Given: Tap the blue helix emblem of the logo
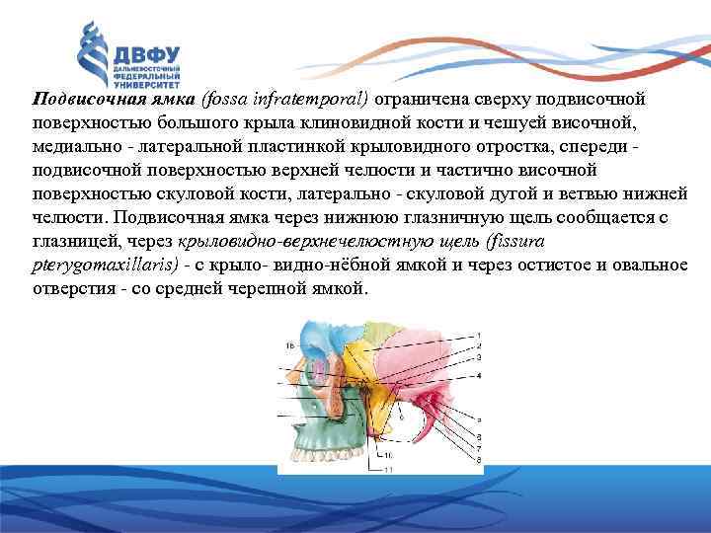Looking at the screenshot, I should click(96, 55).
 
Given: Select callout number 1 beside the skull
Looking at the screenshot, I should click(478, 334).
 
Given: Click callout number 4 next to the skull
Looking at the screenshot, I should click(478, 375).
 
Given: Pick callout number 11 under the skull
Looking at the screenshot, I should click(387, 469).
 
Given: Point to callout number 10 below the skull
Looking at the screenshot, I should click(387, 453).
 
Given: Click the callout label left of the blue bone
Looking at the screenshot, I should click(289, 345).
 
